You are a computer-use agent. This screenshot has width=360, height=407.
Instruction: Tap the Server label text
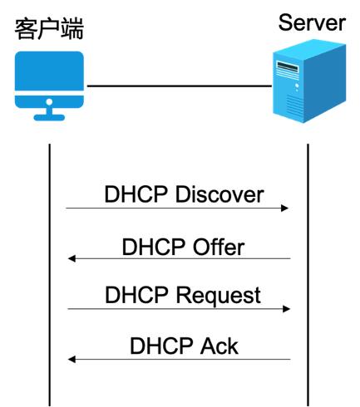[312, 22]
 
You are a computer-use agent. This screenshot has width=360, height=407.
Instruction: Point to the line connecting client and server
[179, 86]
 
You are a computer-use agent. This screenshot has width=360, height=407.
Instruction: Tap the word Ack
[219, 345]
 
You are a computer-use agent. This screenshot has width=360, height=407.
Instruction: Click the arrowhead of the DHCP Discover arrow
[285, 208]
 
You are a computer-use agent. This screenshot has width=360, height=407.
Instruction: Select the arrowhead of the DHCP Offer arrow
[72, 258]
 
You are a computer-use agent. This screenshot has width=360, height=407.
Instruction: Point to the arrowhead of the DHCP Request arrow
[285, 308]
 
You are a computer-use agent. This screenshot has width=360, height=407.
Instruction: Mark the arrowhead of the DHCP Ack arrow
[72, 360]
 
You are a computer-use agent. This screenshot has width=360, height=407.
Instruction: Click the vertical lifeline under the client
[49, 274]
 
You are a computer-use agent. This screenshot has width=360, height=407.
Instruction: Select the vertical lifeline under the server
[308, 274]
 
